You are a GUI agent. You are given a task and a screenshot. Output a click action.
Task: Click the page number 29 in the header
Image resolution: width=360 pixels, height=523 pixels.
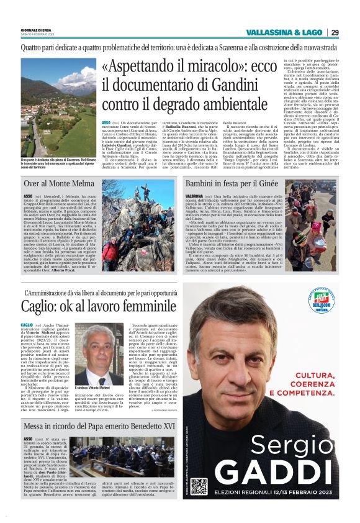(x=335, y=32)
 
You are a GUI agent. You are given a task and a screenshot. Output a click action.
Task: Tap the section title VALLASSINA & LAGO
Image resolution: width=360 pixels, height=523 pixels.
(x=285, y=32)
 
